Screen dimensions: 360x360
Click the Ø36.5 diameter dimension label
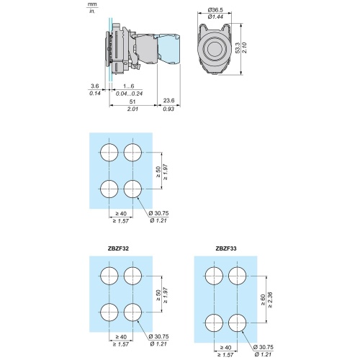(x=215, y=10)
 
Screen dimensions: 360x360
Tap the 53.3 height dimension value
(x=238, y=48)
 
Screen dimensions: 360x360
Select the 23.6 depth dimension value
(x=168, y=101)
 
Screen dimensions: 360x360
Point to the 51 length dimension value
(x=132, y=102)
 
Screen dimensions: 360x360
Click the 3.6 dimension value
(x=95, y=86)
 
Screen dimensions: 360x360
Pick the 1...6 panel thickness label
(x=129, y=86)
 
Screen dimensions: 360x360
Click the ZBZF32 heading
(x=118, y=248)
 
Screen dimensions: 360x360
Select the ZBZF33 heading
(x=226, y=248)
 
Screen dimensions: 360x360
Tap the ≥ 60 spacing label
(x=263, y=300)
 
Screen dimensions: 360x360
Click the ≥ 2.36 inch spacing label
(x=270, y=300)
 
